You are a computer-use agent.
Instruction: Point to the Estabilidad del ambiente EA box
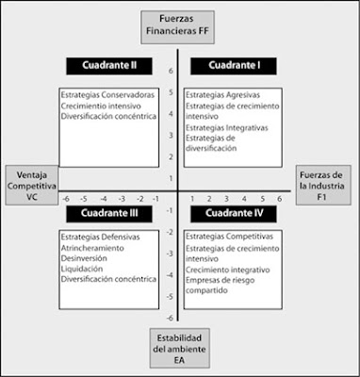(179, 347)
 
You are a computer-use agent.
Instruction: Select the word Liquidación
(83, 269)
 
